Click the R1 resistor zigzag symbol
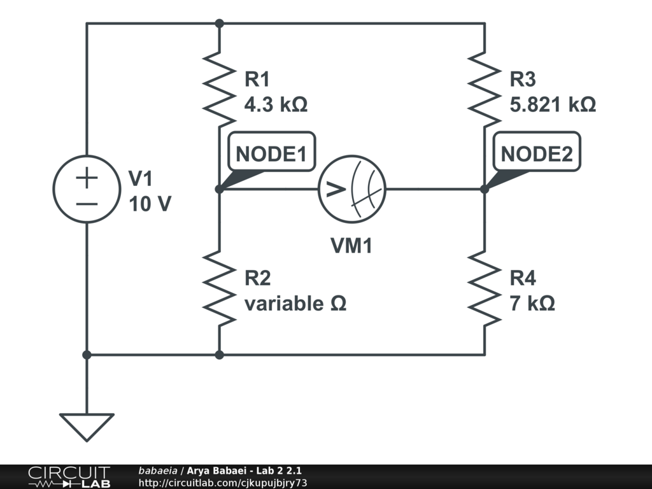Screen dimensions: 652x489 point(219,89)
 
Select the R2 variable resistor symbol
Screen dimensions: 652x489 point(219,288)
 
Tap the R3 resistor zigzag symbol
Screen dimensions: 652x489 point(485,89)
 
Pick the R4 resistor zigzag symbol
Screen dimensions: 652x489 point(485,288)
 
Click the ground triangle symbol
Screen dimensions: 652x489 point(87,427)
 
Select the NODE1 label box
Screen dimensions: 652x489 point(271,152)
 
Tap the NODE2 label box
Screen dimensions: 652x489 point(537,152)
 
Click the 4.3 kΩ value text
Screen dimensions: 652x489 point(276,104)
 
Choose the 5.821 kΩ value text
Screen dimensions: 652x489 point(553,104)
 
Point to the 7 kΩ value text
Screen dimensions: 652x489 point(532,304)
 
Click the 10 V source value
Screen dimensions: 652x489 point(150,204)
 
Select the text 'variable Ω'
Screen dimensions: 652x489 point(295,304)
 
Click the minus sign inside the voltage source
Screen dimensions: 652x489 point(87,204)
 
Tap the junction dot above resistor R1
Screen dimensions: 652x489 point(220,24)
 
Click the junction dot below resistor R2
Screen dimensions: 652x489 point(220,355)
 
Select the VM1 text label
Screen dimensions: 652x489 point(351,245)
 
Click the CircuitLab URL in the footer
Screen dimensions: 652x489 point(223,483)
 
